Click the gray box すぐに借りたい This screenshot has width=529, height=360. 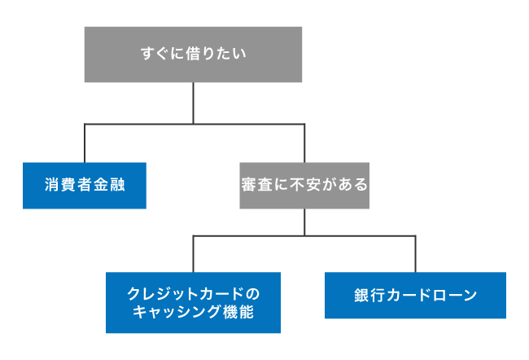pos(193,55)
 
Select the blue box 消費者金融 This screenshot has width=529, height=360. pos(85,186)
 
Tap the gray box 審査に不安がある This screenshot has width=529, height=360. pos(304,186)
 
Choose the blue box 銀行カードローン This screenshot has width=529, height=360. pos(415,295)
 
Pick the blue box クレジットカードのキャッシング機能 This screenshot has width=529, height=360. pos(193,302)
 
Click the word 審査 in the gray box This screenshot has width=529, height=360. pos(253,186)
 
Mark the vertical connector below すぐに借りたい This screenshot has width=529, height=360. pos(193,103)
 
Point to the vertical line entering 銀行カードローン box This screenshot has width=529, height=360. pos(415,254)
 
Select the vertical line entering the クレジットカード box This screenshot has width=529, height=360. pos(193,254)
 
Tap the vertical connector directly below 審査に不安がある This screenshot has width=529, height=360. pos(304,222)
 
